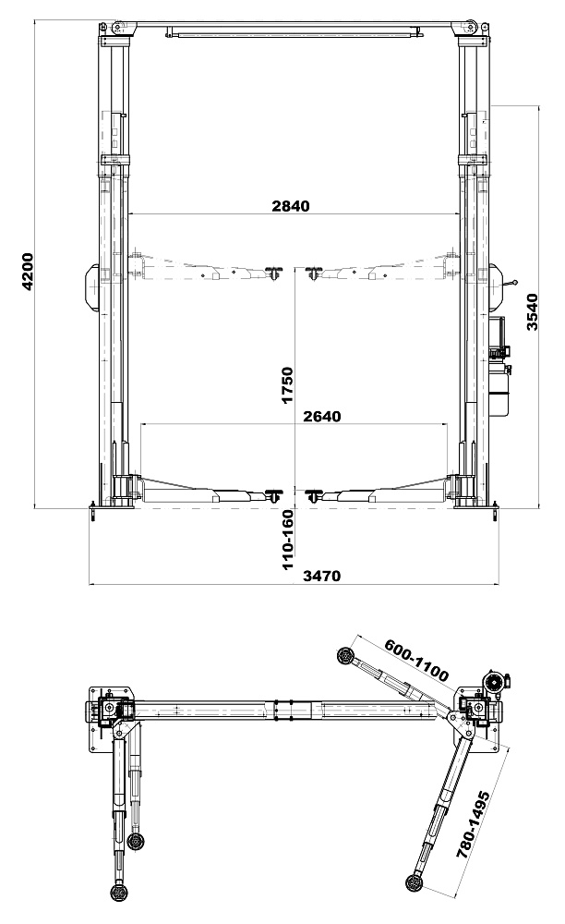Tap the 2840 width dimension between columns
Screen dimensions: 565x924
pyautogui.click(x=290, y=206)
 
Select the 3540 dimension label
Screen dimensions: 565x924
pyautogui.click(x=532, y=312)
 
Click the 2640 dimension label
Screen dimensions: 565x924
pyautogui.click(x=322, y=416)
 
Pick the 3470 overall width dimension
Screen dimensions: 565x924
pyautogui.click(x=321, y=576)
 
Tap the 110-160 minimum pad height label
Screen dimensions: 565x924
pyautogui.click(x=287, y=540)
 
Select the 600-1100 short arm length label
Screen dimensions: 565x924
pyautogui.click(x=416, y=660)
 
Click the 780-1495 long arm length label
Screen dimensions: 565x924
pyautogui.click(x=474, y=825)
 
